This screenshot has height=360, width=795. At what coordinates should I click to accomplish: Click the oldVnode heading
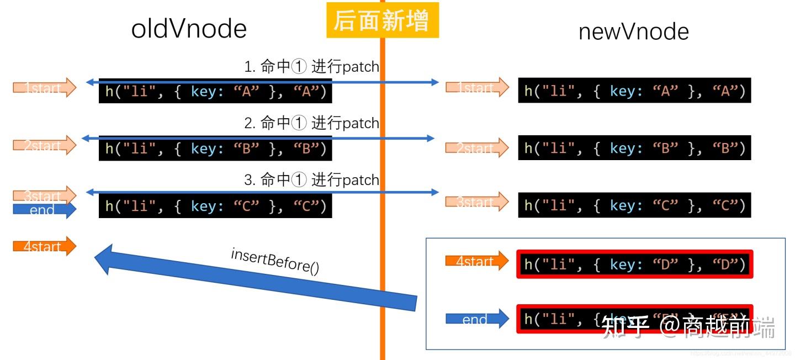point(189,29)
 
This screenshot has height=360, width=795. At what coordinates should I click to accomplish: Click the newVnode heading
point(633,31)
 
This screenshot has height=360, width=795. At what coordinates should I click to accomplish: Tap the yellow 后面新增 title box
point(382,21)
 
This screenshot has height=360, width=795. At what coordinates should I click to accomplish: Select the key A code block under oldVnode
point(215,92)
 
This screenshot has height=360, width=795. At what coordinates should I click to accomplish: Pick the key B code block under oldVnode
point(215,149)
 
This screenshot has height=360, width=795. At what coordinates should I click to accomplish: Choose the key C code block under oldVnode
point(215,206)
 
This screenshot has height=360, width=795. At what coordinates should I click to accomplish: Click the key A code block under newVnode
point(634,91)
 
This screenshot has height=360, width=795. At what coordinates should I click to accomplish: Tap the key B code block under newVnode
point(634,148)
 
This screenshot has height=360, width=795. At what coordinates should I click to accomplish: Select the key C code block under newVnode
point(634,205)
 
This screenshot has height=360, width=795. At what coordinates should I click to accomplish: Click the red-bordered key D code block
point(634,264)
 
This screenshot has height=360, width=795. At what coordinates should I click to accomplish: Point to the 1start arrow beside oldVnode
point(44,87)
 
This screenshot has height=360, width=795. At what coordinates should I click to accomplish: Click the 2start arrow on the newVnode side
point(476,147)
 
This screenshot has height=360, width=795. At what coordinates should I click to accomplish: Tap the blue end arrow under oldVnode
point(44,209)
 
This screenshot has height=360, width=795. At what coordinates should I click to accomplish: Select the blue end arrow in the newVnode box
point(476,319)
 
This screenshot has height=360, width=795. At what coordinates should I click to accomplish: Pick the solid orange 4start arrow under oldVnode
point(44,246)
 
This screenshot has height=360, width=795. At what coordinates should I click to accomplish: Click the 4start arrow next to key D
point(476,261)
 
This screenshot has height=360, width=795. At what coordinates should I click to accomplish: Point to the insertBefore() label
point(275,261)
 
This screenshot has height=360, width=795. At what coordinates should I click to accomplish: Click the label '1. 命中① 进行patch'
point(311,67)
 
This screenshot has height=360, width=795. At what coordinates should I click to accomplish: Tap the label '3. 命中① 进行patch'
point(311,179)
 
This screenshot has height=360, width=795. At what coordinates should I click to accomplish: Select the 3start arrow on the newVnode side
point(476,202)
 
